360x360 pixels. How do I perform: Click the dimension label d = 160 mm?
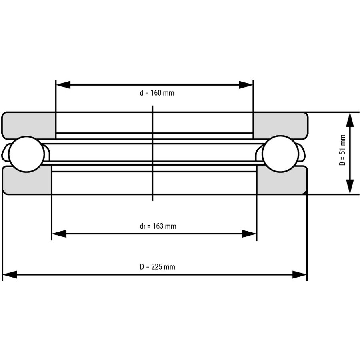pos(157,93)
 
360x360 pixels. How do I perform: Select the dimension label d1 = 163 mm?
pos(158,226)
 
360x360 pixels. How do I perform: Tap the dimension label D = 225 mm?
pos(157,267)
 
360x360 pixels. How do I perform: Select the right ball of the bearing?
pos(280,154)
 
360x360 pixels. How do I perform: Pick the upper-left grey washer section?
pos(29,125)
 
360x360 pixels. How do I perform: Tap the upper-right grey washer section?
pos(280,125)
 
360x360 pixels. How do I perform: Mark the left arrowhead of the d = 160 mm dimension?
pos(63,85)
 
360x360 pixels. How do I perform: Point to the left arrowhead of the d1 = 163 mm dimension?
pos(59,234)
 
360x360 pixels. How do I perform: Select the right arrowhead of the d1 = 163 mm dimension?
pos(249,234)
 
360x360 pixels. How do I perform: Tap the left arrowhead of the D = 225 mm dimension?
pos(10,275)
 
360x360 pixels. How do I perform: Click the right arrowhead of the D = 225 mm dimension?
pos(300,275)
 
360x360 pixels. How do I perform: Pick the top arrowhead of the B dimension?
pos(350,120)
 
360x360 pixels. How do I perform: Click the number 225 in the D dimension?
pos(157,267)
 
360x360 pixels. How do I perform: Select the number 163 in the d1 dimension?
pos(158,226)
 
